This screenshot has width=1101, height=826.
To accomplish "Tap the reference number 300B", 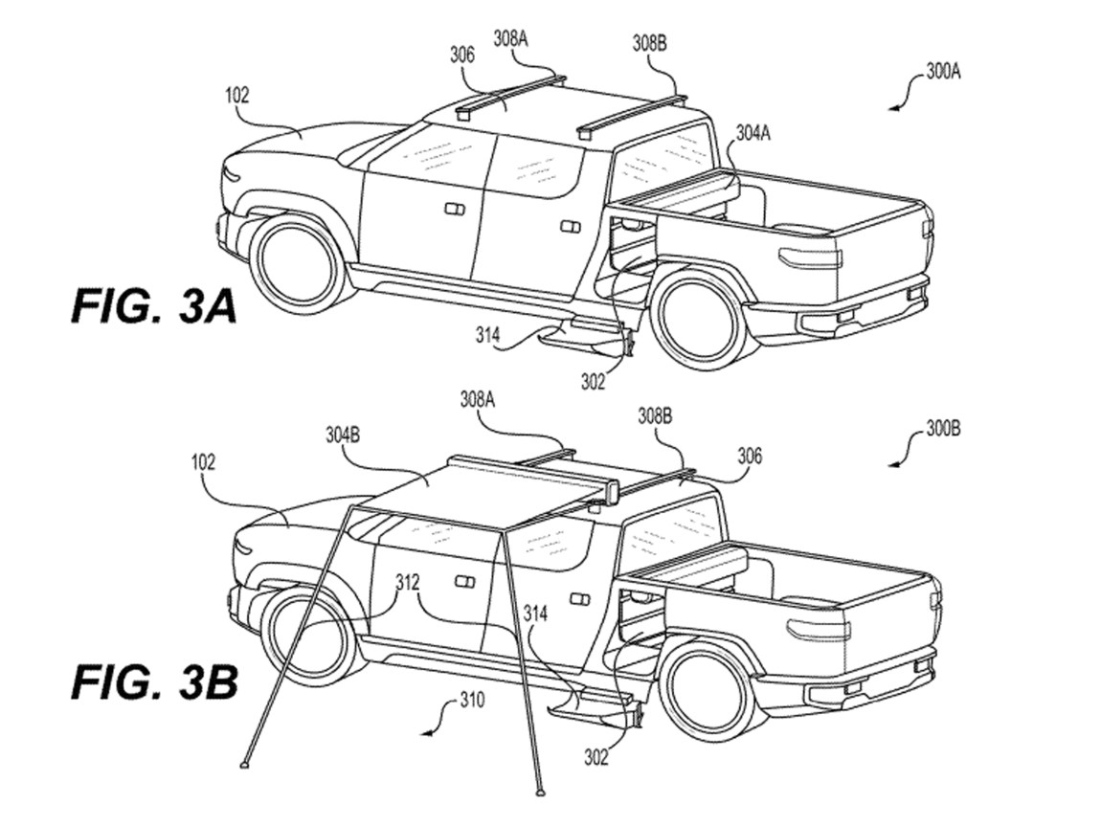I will [943, 429].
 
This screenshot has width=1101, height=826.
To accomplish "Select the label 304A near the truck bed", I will [753, 133].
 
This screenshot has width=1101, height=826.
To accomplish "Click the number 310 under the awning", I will [472, 702].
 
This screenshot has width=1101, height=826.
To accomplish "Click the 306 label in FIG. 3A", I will [462, 55].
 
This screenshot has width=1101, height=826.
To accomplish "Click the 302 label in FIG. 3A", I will [593, 382].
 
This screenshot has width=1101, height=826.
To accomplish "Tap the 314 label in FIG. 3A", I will [489, 334].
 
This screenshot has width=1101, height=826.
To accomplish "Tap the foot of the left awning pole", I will [243, 765].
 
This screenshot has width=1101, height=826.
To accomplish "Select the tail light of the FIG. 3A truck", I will [810, 257].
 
